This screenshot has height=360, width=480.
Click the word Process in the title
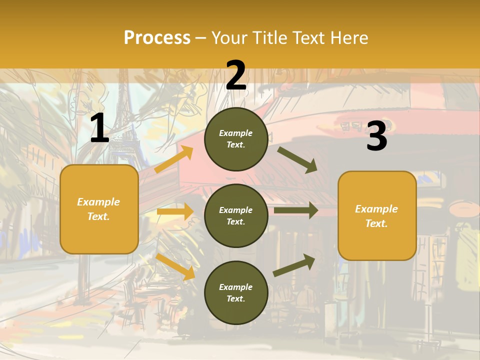point(157,38)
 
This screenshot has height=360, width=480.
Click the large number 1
point(99,128)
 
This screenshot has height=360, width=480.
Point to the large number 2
point(236,75)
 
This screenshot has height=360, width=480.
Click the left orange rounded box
point(99,209)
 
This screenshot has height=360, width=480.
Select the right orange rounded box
point(377,215)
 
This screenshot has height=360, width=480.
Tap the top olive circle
point(236,139)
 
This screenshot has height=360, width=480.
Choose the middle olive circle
point(236,215)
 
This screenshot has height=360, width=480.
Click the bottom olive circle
point(236,292)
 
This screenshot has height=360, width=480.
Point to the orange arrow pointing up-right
point(174,159)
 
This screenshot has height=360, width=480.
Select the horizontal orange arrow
point(175,211)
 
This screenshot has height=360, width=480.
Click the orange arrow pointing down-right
point(175,266)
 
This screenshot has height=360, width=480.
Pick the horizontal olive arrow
point(296,210)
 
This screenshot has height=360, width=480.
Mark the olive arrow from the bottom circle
point(294,265)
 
